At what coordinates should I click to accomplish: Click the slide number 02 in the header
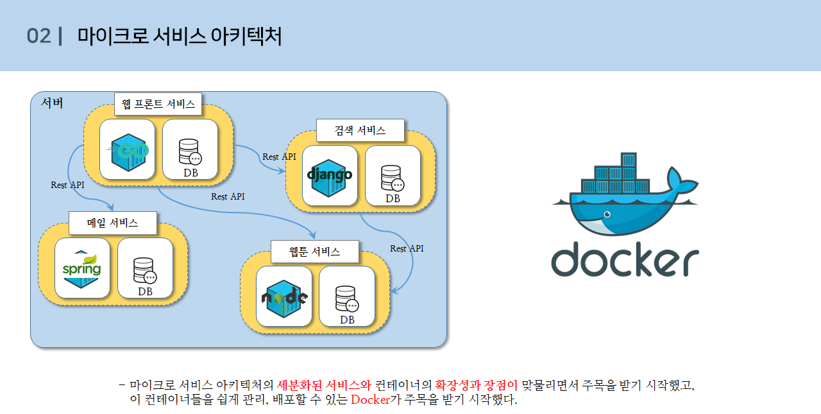point(38,36)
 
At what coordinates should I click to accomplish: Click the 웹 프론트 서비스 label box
point(158,104)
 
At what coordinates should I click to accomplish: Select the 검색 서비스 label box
point(360,130)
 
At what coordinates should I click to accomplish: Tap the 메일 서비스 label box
point(112,223)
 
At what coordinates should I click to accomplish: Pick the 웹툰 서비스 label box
point(314,251)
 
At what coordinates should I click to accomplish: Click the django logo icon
point(330,175)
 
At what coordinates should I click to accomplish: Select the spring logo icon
point(82,268)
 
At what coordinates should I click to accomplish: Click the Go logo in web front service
point(127,150)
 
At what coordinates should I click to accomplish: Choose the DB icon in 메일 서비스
point(144,271)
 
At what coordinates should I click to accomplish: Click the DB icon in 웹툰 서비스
point(346,299)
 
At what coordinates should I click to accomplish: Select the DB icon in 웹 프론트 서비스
point(190,153)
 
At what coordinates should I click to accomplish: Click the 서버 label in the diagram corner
point(52,103)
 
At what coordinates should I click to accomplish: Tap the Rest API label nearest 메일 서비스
point(67,185)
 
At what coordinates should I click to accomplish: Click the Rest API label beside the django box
point(279,157)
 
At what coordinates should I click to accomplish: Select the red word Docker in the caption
point(371,399)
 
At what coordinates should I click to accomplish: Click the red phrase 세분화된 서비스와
point(324,385)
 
